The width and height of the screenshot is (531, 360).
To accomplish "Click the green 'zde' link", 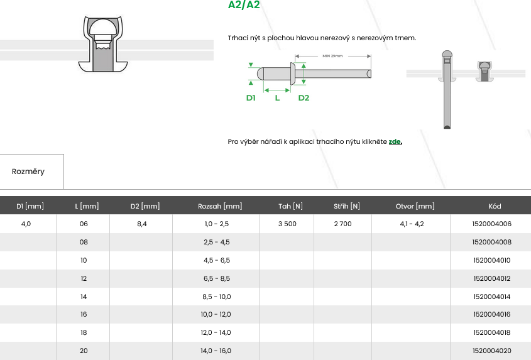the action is [395, 141].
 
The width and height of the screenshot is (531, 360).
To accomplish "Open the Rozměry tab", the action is [28, 172].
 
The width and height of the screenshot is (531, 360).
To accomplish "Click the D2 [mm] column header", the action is [145, 206].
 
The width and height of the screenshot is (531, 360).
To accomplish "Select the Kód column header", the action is [495, 206].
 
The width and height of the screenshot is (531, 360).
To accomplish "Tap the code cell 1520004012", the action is [491, 278].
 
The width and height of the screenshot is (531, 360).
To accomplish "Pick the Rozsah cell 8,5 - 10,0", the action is [217, 297].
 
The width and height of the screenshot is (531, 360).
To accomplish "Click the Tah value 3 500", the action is [287, 224].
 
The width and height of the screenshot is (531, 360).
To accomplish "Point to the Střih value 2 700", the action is [342, 224].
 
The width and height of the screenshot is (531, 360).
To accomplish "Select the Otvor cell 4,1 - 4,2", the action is [412, 224].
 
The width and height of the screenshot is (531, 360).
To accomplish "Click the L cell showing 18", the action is [84, 332].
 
